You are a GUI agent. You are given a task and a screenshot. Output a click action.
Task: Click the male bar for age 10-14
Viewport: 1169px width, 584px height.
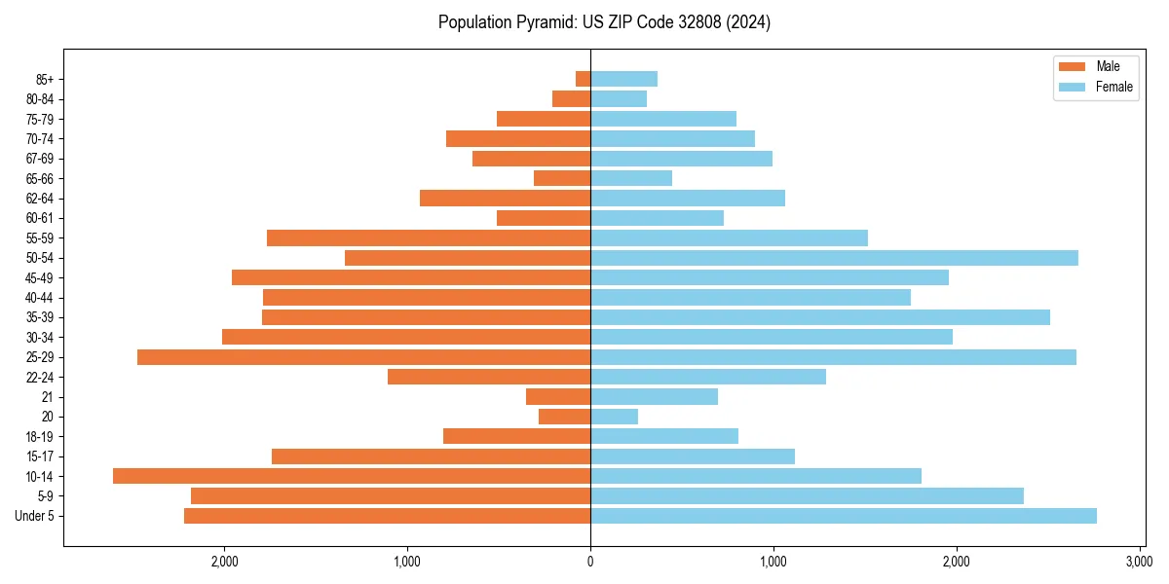(352, 476)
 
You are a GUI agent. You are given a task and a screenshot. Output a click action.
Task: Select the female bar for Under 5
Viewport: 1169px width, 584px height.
(844, 516)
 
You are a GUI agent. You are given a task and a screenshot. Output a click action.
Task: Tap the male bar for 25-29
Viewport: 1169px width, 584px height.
(363, 357)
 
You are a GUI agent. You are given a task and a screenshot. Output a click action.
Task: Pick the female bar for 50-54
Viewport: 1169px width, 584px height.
(834, 258)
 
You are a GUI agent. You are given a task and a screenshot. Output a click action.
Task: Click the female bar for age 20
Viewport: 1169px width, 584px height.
(614, 417)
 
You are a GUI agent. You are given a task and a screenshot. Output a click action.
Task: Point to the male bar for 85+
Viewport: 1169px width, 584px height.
(583, 79)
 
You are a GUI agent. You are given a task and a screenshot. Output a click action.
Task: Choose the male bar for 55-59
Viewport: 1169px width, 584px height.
(429, 238)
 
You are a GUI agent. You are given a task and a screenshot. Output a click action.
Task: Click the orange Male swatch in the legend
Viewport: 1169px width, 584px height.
(1072, 66)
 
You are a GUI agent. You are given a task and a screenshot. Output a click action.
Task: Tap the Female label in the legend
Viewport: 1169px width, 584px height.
(1113, 88)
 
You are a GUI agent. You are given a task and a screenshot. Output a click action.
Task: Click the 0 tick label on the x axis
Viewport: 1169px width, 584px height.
(590, 562)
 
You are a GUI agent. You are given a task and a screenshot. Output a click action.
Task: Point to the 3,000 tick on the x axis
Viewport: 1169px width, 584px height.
(1139, 562)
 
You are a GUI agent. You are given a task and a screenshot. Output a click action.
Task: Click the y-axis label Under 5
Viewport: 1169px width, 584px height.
(35, 516)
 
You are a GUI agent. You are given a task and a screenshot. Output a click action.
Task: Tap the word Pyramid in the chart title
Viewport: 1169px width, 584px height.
(545, 22)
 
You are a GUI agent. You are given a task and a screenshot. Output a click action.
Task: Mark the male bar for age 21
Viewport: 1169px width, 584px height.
(558, 397)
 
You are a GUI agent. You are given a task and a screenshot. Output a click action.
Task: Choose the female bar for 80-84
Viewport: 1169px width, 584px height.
(619, 99)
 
